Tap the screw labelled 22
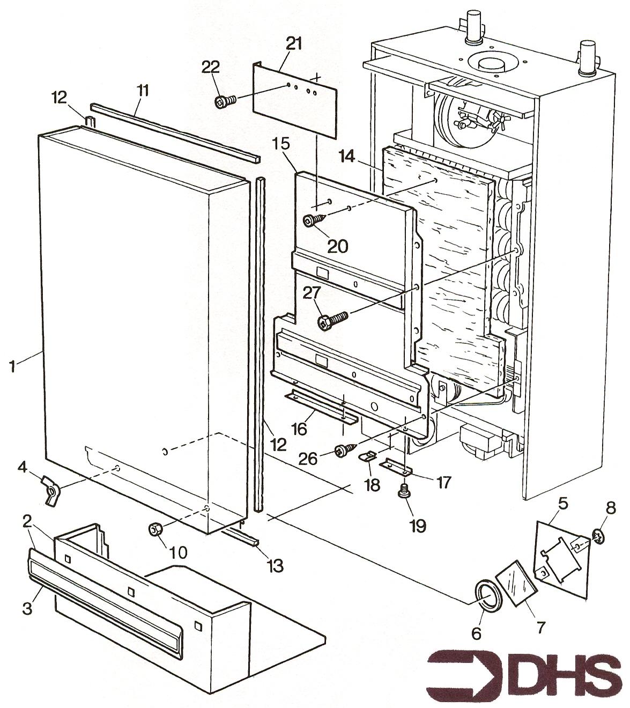225,101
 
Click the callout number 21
293,45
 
